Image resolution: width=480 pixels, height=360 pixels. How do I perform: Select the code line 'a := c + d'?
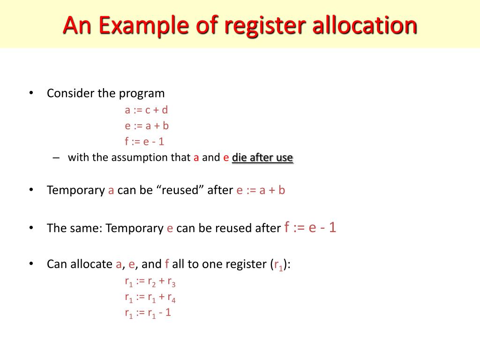click(146, 110)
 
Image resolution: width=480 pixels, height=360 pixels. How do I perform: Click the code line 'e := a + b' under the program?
click(146, 126)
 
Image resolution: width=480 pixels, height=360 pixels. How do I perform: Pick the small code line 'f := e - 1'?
click(144, 141)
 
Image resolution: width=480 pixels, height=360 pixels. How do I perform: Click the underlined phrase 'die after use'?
click(262, 157)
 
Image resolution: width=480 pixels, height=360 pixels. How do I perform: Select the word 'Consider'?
click(70, 93)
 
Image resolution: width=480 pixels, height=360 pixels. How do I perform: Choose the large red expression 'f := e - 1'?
click(310, 228)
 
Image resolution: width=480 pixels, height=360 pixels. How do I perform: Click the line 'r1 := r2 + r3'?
click(150, 282)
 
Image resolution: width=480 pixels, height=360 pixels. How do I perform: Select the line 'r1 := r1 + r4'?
click(150, 297)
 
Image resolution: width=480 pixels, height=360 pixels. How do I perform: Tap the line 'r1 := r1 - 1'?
click(148, 313)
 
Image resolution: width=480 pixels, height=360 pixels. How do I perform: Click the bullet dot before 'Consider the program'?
click(31, 93)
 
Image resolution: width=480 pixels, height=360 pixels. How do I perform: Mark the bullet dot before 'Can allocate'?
click(31, 264)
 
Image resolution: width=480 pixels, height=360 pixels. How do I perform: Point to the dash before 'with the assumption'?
click(56, 157)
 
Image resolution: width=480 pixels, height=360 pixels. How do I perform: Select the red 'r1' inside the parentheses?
click(278, 265)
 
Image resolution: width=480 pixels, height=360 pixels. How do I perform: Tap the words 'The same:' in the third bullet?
click(75, 228)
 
